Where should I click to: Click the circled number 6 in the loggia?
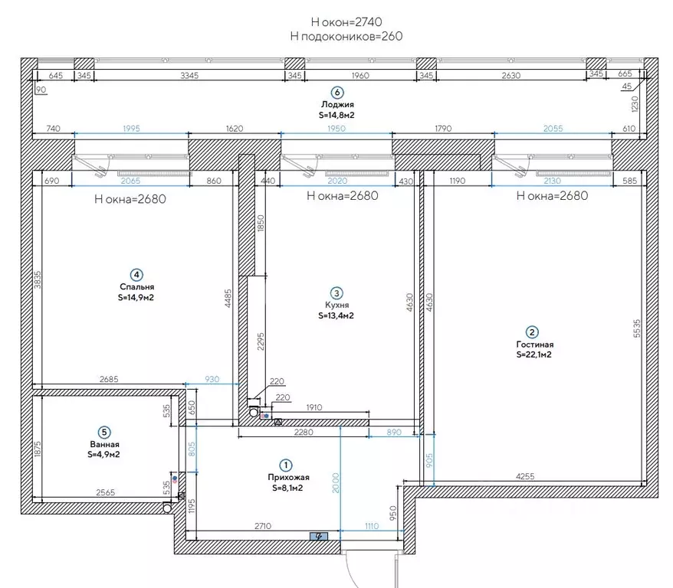[x=337, y=93]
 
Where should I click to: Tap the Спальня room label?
[x=136, y=286]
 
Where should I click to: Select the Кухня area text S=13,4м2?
[x=336, y=316]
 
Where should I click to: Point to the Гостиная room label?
[x=534, y=344]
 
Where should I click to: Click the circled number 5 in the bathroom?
[x=104, y=433]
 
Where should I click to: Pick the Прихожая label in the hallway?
[x=288, y=477]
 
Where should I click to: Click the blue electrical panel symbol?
[x=319, y=536]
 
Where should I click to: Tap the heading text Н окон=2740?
[x=346, y=22]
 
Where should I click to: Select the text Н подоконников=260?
[x=346, y=36]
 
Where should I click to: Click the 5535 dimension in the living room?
[x=636, y=328]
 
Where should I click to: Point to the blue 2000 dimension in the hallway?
[x=336, y=483]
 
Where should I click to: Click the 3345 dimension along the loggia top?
[x=189, y=76]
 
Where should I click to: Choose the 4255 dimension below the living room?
[x=525, y=476]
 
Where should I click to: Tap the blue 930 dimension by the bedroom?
[x=212, y=379]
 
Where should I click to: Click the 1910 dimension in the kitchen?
[x=314, y=407]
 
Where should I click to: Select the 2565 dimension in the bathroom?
[x=106, y=492]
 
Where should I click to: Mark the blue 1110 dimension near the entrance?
[x=372, y=526]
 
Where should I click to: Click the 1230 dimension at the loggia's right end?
[x=635, y=103]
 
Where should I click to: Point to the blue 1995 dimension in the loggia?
[x=131, y=128]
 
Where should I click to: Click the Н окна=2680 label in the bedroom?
[x=130, y=199]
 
